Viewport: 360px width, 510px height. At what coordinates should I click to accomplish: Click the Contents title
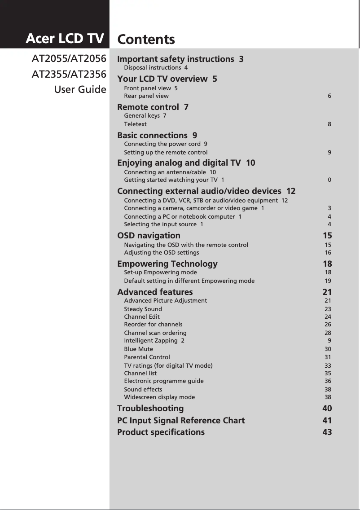[x=146, y=40]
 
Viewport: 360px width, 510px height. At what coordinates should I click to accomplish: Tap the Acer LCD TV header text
[x=65, y=39]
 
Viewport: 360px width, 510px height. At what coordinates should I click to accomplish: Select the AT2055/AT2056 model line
[x=69, y=59]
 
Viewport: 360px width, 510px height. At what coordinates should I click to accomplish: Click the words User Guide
[x=80, y=89]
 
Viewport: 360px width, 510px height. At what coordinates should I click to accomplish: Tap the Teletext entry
[x=135, y=124]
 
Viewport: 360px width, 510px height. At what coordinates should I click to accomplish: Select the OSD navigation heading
[x=149, y=235]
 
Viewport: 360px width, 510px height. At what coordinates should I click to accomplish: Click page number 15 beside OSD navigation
[x=327, y=235]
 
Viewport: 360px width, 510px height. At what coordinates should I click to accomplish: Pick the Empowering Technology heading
[x=167, y=264]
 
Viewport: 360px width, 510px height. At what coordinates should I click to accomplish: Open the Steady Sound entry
[x=143, y=309]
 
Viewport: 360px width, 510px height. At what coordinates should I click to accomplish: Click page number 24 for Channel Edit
[x=328, y=317]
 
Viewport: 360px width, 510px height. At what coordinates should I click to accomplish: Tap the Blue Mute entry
[x=138, y=349]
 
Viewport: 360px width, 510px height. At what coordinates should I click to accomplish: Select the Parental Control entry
[x=147, y=357]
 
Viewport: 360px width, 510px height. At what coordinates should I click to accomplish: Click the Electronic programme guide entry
[x=163, y=381]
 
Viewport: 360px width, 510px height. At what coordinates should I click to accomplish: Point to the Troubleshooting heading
[x=150, y=409]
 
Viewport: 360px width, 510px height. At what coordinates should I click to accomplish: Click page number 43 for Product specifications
[x=327, y=432]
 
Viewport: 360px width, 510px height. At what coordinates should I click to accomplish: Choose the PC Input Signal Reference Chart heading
[x=180, y=421]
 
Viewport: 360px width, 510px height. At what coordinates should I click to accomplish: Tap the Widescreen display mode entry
[x=159, y=397]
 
